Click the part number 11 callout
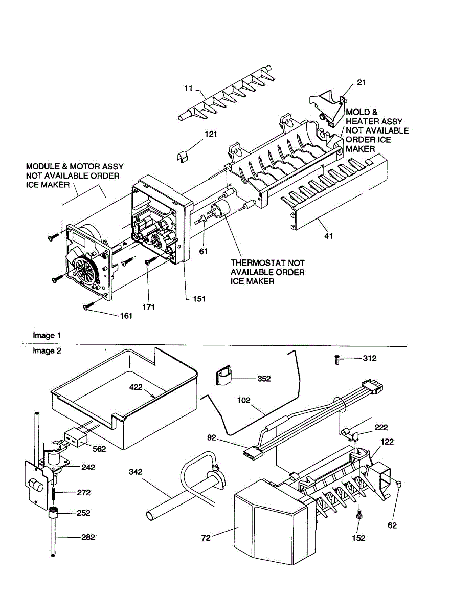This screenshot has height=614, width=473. (x=188, y=89)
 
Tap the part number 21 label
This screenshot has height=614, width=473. (x=362, y=82)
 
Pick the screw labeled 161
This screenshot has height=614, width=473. (x=87, y=307)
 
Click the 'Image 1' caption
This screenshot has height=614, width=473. (x=47, y=336)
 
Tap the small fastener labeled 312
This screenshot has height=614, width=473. (x=336, y=359)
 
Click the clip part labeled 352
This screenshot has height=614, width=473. (x=223, y=378)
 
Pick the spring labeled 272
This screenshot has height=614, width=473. (x=53, y=493)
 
